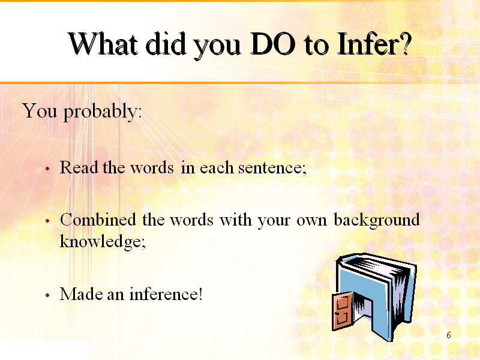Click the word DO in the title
273,44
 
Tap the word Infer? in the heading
374,44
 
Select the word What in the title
103,44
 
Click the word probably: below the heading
103,112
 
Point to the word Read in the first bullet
79,167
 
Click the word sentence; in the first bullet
272,168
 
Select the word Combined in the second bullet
98,220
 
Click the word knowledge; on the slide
103,242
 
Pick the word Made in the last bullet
81,294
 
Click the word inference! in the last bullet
166,294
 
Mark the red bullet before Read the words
47,169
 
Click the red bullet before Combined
47,221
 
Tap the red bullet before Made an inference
47,295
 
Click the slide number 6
449,335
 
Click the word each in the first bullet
217,167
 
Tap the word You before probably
40,110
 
